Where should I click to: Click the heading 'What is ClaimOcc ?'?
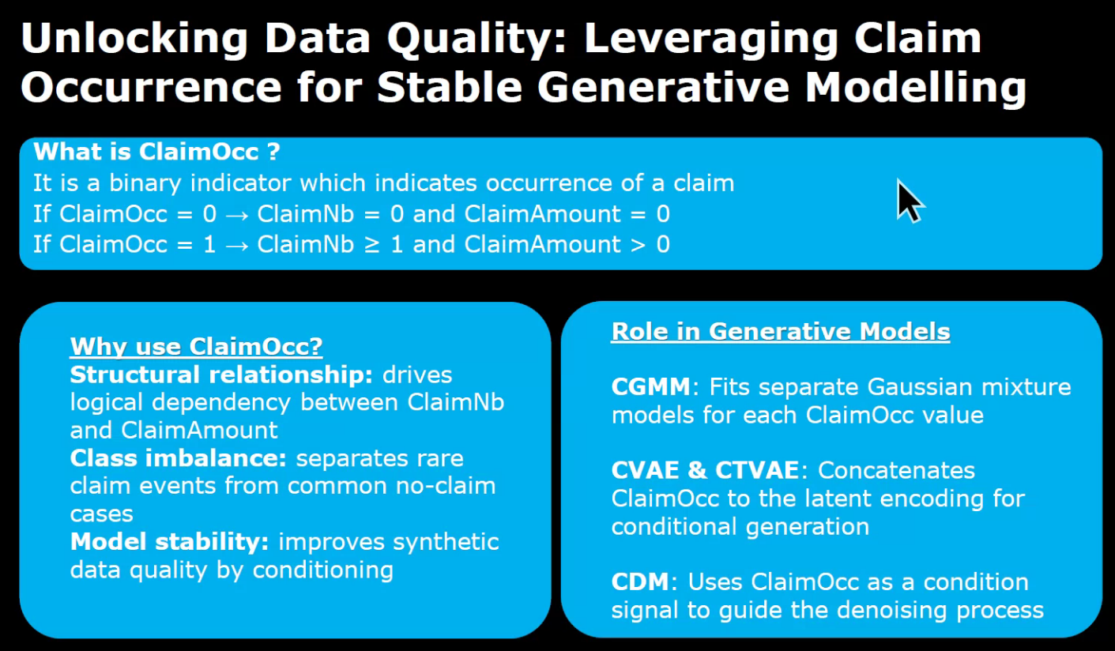[157, 151]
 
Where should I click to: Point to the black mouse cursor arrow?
[908, 200]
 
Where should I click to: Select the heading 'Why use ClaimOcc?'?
[197, 346]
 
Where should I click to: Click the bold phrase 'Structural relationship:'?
[222, 374]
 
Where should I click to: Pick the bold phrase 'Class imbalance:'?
[179, 458]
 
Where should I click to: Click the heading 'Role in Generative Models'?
[780, 331]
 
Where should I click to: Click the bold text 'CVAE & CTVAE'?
[706, 470]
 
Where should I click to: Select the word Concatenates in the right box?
[897, 470]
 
